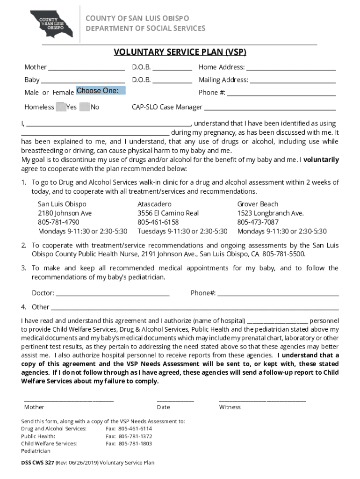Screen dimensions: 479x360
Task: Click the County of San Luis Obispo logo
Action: tap(51, 24)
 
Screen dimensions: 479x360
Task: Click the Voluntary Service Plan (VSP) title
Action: tap(180, 52)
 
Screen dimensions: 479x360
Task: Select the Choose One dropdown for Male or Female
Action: tap(101, 91)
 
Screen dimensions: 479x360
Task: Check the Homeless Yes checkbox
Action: tap(60, 107)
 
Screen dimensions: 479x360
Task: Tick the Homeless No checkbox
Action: tap(85, 107)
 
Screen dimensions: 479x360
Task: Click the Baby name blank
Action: tap(83, 80)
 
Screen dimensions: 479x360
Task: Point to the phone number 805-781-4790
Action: tap(58, 222)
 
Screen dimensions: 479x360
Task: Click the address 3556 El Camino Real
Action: tap(168, 213)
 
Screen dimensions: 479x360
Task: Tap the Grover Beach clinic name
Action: tap(258, 204)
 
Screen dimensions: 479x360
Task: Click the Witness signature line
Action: tap(262, 400)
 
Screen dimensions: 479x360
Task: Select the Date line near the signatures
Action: tap(175, 400)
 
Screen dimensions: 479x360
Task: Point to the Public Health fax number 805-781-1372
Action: tap(135, 436)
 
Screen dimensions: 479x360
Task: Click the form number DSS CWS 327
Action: tap(37, 463)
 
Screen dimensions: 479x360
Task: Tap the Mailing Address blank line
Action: tap(293, 80)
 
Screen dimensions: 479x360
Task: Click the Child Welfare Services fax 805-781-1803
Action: tap(135, 444)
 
